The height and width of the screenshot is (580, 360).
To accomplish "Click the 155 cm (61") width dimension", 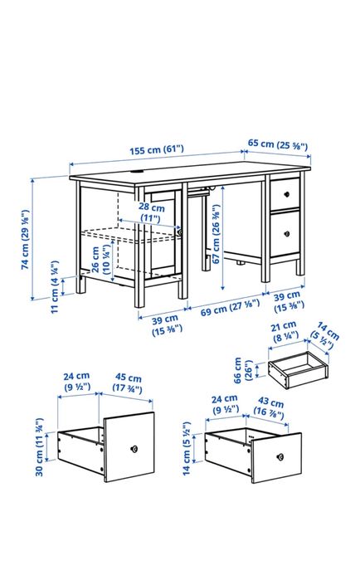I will [x=157, y=149].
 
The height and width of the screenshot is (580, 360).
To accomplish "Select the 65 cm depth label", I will [x=278, y=144].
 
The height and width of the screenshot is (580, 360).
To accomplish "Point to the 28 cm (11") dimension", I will [x=149, y=212].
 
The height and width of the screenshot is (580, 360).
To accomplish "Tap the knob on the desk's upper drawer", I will [x=285, y=193].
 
